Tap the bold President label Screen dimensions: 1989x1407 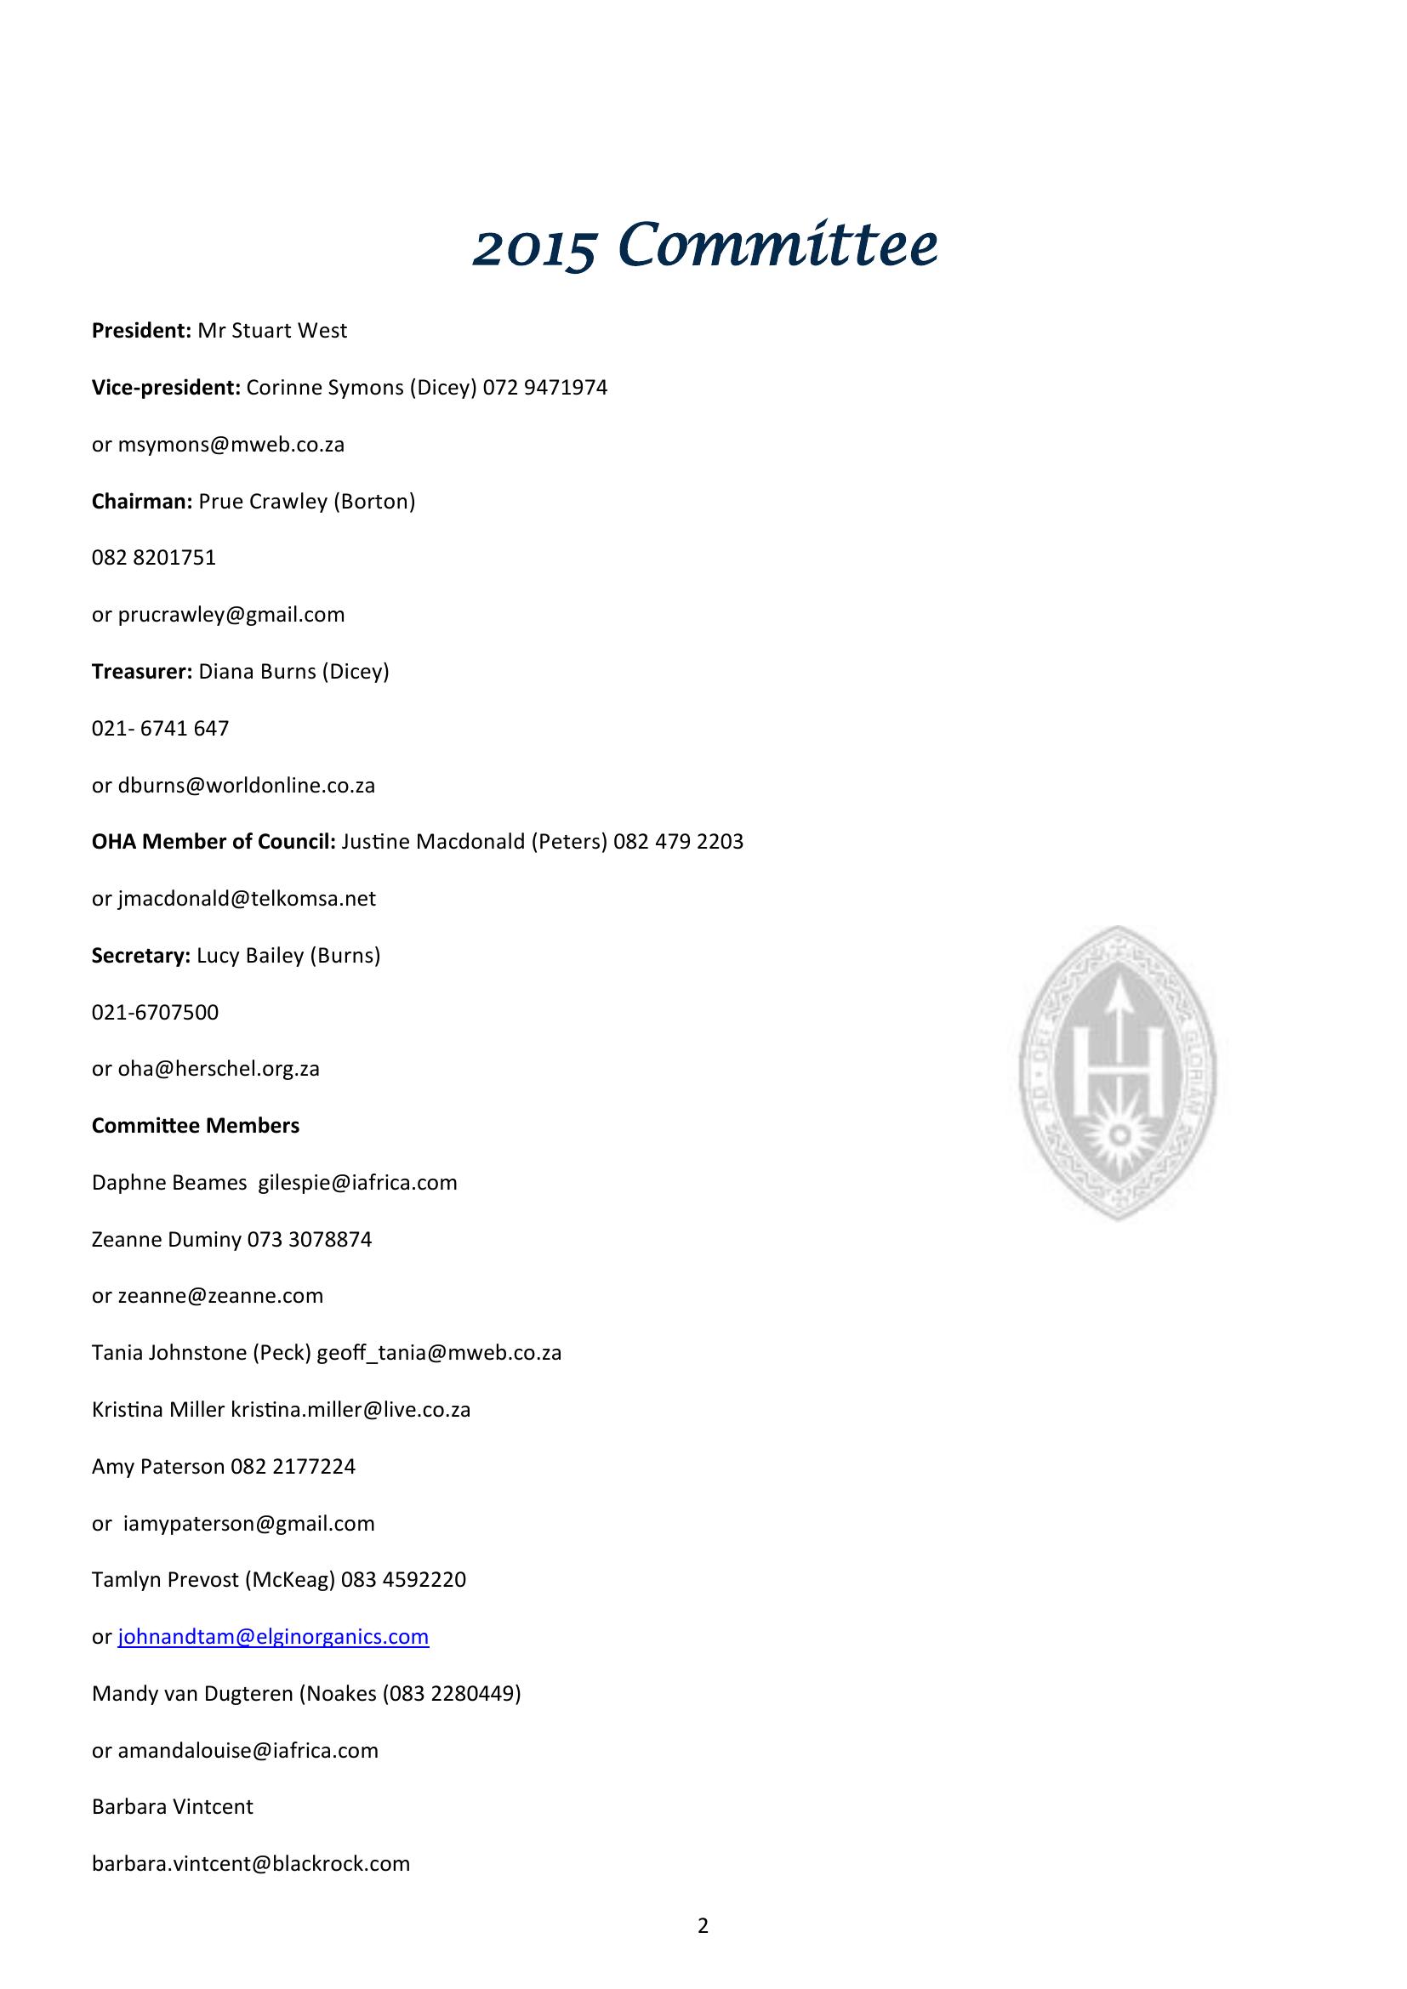pyautogui.click(x=140, y=331)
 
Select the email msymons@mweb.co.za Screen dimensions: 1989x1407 pyautogui.click(x=231, y=445)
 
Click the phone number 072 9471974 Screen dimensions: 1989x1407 pyautogui.click(x=545, y=387)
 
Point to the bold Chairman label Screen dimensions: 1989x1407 pyautogui.click(x=141, y=502)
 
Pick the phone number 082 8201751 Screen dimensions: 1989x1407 pyautogui.click(x=153, y=558)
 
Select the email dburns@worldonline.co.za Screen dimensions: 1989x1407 pyautogui.click(x=246, y=786)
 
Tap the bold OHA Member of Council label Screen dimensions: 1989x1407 pyautogui.click(x=214, y=842)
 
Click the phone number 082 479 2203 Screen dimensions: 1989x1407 pyautogui.click(x=678, y=842)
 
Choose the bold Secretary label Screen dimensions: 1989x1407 pyautogui.click(x=140, y=956)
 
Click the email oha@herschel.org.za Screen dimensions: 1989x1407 pyautogui.click(x=219, y=1069)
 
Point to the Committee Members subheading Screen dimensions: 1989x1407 pyautogui.click(x=196, y=1125)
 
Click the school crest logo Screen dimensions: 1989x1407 pyautogui.click(x=1117, y=1072)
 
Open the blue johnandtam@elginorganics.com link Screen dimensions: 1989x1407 pyautogui.click(x=273, y=1636)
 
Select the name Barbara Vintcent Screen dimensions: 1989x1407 pyautogui.click(x=173, y=1807)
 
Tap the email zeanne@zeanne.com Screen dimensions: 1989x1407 pyautogui.click(x=220, y=1296)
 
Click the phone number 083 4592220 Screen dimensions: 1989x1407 pyautogui.click(x=404, y=1580)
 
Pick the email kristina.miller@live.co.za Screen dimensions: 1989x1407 pyautogui.click(x=350, y=1409)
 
